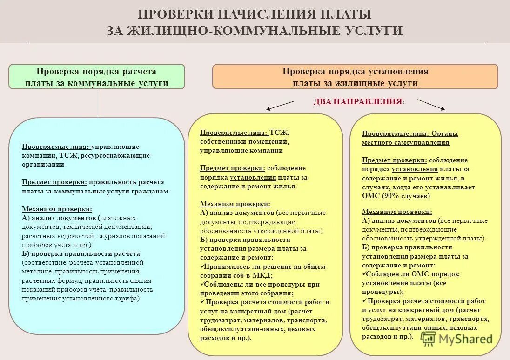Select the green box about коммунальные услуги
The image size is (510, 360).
97,77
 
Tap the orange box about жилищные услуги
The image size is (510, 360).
355,77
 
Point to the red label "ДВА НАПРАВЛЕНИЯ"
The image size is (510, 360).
358,101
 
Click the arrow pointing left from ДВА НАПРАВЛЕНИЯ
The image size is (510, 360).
280,106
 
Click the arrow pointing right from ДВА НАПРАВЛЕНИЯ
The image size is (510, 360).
431,105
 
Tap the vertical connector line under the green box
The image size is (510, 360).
97,103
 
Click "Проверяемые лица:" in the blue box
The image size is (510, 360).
55,147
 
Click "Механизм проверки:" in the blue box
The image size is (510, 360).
57,209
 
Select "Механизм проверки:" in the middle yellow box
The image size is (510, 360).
235,204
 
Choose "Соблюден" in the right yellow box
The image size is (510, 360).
382,274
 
